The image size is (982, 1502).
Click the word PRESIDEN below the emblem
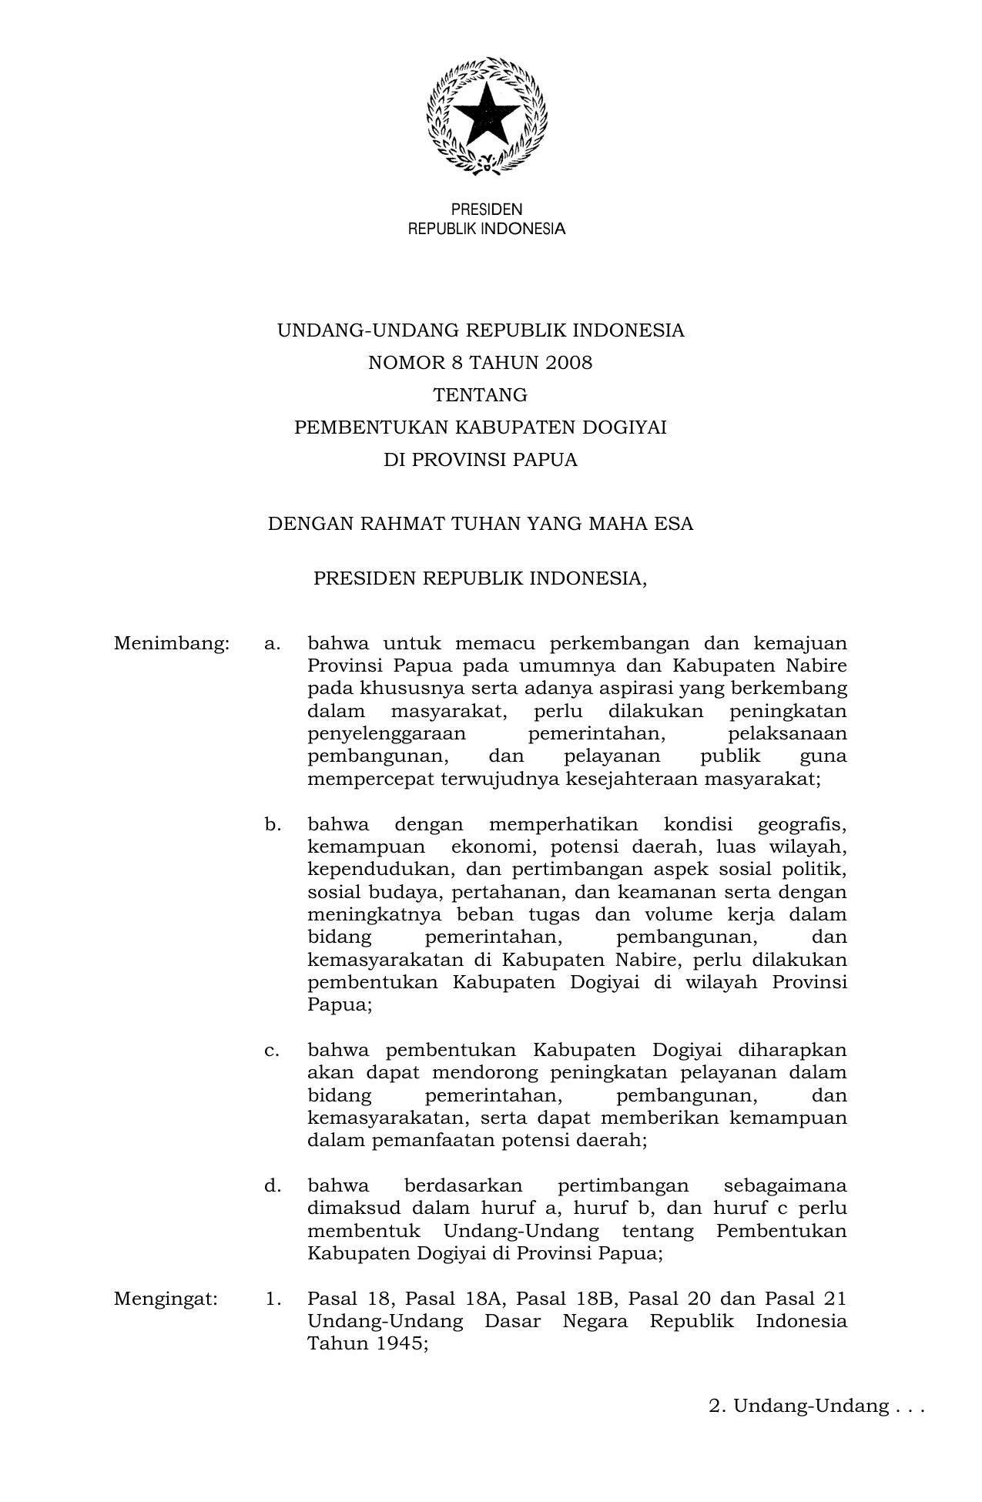(x=486, y=210)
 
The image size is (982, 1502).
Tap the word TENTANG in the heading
(x=480, y=395)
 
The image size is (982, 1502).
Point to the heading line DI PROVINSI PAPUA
(x=480, y=460)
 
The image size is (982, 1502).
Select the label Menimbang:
(x=172, y=643)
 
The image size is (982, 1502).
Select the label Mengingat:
(x=166, y=1299)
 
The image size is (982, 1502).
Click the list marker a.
(x=272, y=643)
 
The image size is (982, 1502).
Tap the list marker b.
(x=272, y=825)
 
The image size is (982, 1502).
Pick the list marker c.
(x=272, y=1051)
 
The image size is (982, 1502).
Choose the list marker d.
(x=272, y=1185)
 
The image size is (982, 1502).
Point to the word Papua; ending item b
(x=340, y=1005)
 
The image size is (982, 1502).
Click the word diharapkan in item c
(x=792, y=1051)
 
